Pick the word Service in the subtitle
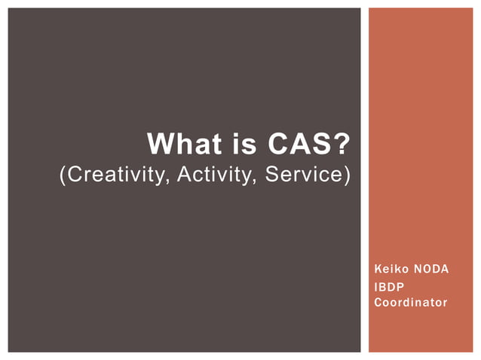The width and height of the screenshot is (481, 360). point(306,175)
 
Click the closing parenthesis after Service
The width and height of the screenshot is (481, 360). point(348,175)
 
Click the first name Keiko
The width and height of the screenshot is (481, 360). point(390,270)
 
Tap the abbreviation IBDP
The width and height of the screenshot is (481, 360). point(389,286)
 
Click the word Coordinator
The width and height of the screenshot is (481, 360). point(410,303)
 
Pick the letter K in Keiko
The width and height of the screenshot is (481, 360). point(377,270)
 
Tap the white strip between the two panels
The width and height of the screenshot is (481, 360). point(363,180)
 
